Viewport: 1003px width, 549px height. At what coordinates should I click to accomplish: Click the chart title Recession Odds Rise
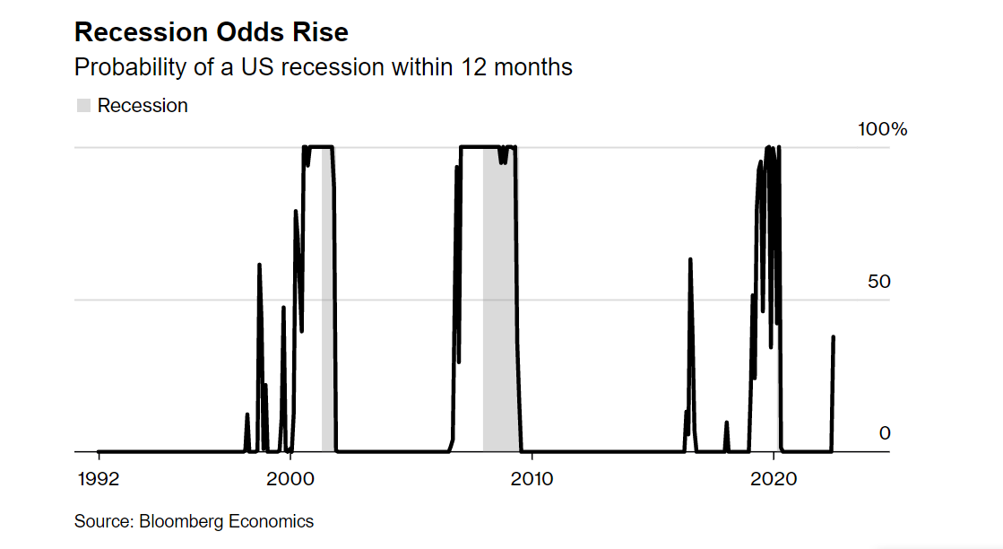point(211,32)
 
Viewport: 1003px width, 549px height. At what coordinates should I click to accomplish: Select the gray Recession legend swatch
point(83,106)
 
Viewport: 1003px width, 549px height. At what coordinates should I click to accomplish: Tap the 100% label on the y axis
point(882,129)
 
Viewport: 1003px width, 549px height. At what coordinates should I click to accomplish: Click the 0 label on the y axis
point(885,433)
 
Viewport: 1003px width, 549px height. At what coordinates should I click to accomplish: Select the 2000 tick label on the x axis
point(291,479)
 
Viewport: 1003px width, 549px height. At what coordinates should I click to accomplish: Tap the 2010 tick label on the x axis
point(532,479)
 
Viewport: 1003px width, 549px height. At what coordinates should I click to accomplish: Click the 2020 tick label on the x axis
point(774,479)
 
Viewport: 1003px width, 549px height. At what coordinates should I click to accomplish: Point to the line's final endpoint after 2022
point(834,337)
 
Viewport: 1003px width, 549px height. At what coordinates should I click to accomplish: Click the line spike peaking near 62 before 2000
point(259,266)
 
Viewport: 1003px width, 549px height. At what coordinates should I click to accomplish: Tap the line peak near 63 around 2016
point(690,259)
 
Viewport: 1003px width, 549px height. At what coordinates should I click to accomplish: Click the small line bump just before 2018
point(726,423)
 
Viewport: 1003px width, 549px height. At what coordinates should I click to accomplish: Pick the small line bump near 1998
point(246,415)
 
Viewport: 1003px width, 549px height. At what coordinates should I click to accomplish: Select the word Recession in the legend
point(143,106)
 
